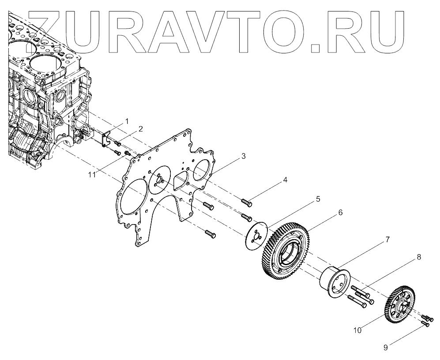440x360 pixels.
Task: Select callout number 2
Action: [140, 129]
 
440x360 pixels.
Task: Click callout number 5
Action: [317, 199]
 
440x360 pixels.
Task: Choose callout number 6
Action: [340, 212]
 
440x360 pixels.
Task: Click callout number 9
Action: [385, 348]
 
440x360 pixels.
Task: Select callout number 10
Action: [358, 330]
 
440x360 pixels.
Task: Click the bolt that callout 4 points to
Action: [247, 203]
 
